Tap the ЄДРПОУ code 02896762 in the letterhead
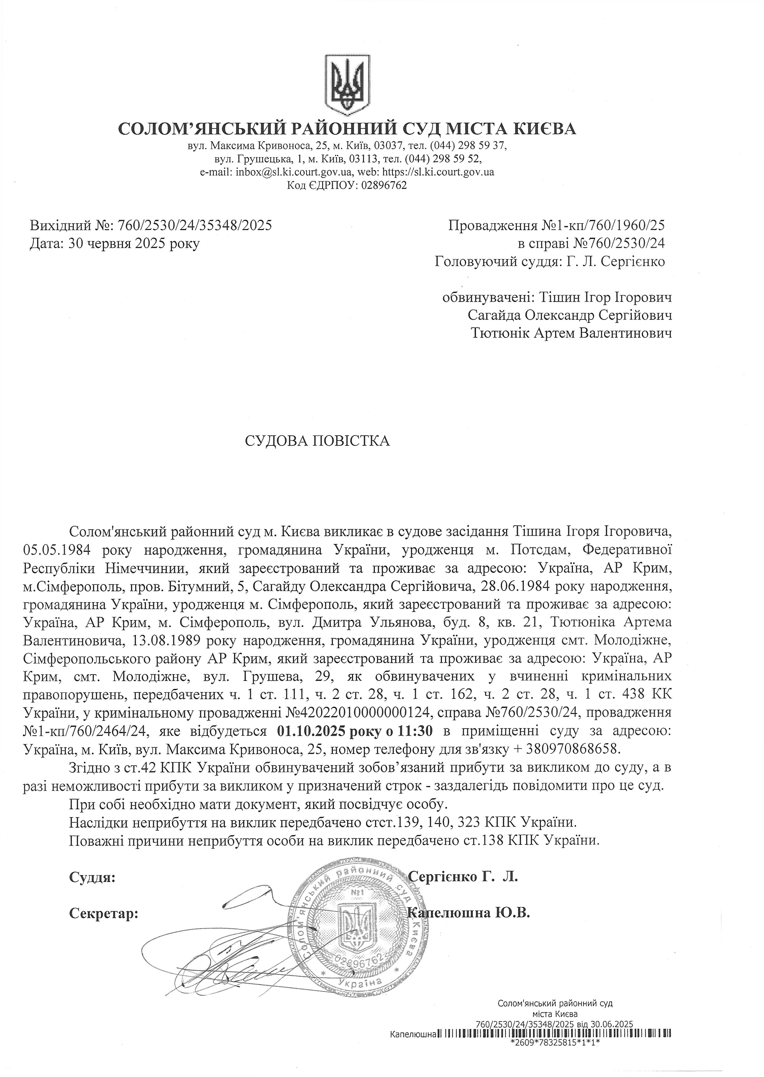pos(383,186)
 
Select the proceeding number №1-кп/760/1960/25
pos(604,226)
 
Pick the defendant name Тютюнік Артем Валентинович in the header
pos(571,333)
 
